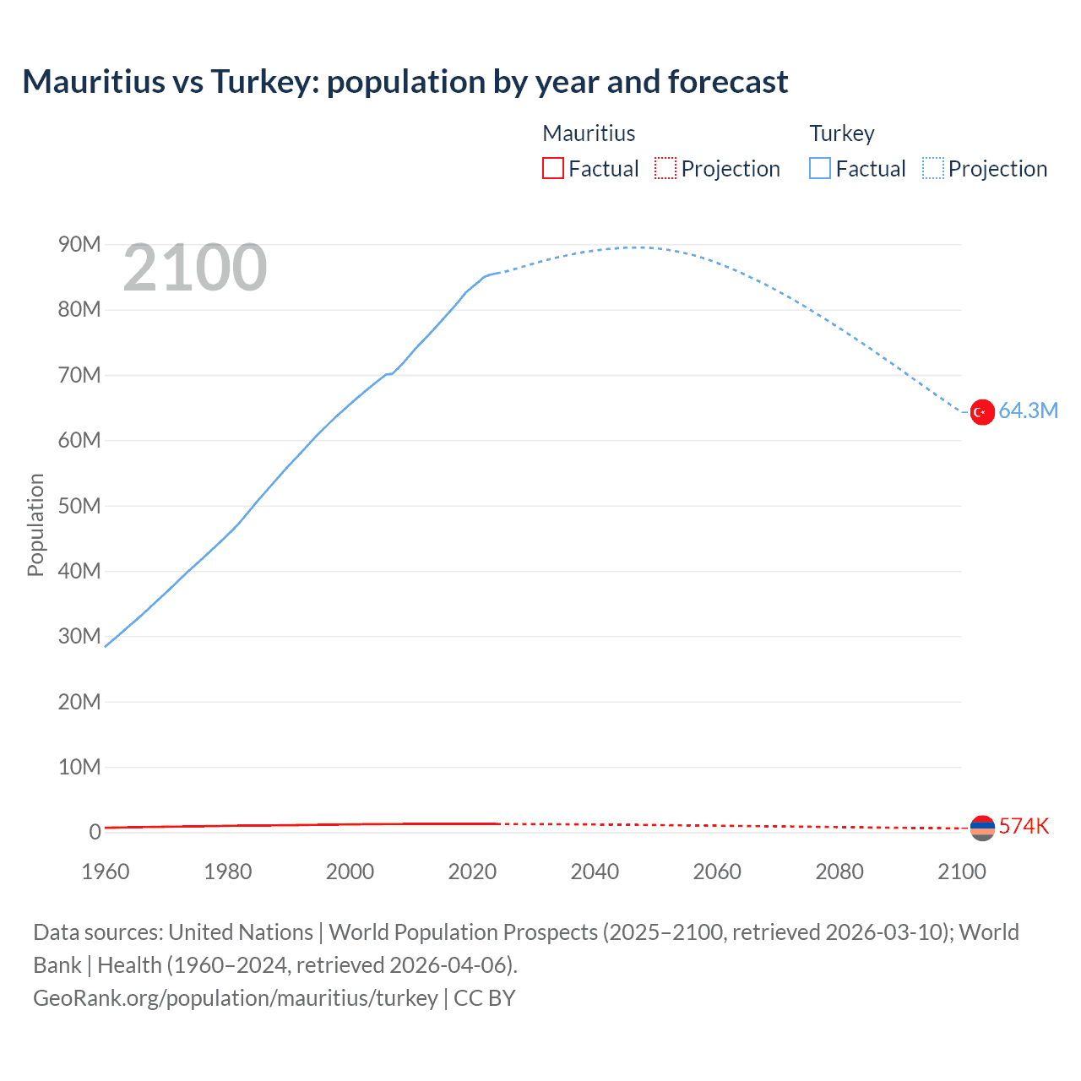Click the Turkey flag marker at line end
(x=981, y=412)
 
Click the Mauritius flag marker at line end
(x=982, y=828)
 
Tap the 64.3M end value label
(x=1028, y=411)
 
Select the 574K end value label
(x=1024, y=827)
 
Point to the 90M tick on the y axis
(x=79, y=245)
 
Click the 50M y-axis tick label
(x=79, y=506)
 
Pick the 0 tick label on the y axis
(x=95, y=832)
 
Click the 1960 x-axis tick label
(x=106, y=872)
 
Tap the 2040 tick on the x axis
(x=595, y=872)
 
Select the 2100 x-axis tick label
(x=961, y=872)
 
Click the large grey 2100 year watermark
(x=195, y=269)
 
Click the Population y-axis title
(x=35, y=524)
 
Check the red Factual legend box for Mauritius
(x=552, y=169)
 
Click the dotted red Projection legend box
(x=665, y=169)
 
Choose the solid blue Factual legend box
(x=820, y=169)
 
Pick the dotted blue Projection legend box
(x=933, y=169)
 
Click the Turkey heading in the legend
(x=842, y=133)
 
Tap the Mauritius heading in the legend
(x=589, y=133)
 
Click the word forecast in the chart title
(x=728, y=82)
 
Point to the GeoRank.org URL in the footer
(x=236, y=998)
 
